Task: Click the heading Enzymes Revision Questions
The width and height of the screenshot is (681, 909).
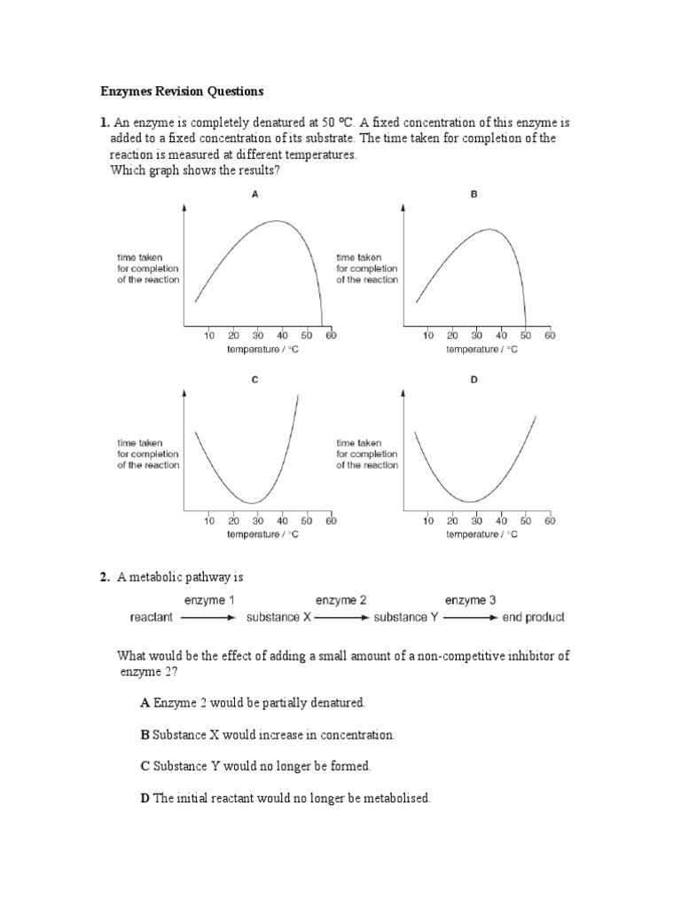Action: coord(182,91)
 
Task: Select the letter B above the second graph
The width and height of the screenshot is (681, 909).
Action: coord(474,194)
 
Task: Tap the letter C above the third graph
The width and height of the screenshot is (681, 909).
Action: coord(255,379)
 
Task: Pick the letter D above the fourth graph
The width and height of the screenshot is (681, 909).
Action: coord(474,379)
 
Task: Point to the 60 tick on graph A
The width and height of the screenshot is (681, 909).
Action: coord(331,336)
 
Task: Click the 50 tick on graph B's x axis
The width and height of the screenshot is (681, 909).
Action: coord(525,336)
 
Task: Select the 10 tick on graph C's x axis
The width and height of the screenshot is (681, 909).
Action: coord(209,521)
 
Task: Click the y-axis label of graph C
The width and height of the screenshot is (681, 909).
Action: coord(148,454)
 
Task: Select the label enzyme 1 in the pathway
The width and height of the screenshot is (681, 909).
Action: coord(209,600)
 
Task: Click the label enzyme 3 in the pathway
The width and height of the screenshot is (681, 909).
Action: coord(470,600)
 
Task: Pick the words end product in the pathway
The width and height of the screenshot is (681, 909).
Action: coord(533,617)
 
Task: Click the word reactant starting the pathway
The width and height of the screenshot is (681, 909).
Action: coord(151,617)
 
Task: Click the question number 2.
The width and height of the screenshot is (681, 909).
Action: coord(104,577)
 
